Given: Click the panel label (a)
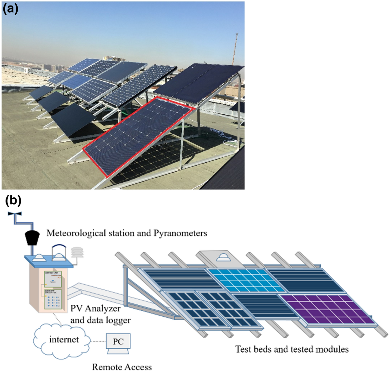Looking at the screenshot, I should [x=10, y=9].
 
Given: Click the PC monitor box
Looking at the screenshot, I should [x=118, y=342].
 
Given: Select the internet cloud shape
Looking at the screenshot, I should [x=62, y=340].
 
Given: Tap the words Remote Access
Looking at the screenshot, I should [x=122, y=367].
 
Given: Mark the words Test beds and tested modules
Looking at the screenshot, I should [x=292, y=350].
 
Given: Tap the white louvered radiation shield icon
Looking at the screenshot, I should [x=77, y=254].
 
